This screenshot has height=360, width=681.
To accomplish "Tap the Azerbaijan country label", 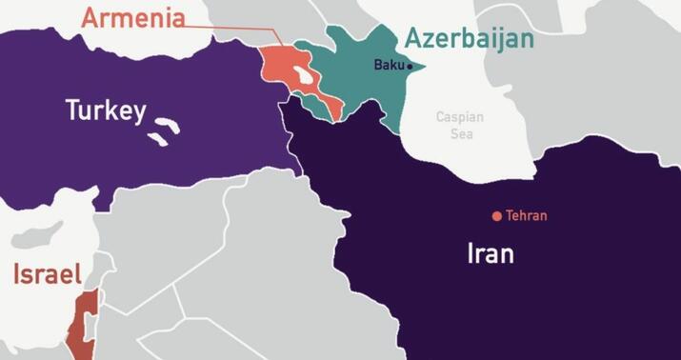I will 470,39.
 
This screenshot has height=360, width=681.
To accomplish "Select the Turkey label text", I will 105,111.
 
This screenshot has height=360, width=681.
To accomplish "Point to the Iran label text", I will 491,253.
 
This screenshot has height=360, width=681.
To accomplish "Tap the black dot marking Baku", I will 410,67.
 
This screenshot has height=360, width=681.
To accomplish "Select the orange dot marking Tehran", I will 496,216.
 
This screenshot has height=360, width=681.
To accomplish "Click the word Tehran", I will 527,216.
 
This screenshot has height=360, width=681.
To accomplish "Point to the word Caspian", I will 460,117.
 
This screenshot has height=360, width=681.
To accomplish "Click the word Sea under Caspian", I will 460,133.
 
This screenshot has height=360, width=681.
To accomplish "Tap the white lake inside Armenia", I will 302,74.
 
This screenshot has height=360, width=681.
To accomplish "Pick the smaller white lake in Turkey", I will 153,139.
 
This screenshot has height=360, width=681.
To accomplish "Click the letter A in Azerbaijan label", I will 413,39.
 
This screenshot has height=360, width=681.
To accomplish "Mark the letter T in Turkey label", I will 71,110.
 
